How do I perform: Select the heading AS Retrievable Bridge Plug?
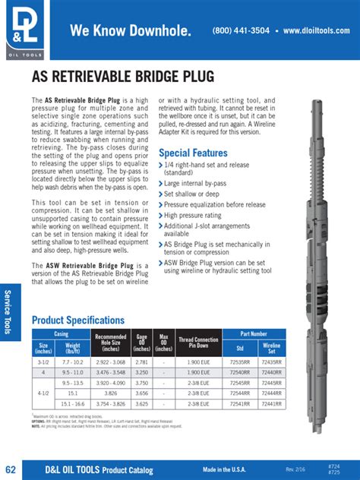point(123,76)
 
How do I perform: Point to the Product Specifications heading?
point(77,320)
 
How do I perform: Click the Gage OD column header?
point(141,343)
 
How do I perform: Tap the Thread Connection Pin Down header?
point(199,343)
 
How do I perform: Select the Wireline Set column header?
point(270,348)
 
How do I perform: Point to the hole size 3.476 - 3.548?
point(111,373)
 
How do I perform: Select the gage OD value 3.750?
point(141,383)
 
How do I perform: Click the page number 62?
point(11,467)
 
